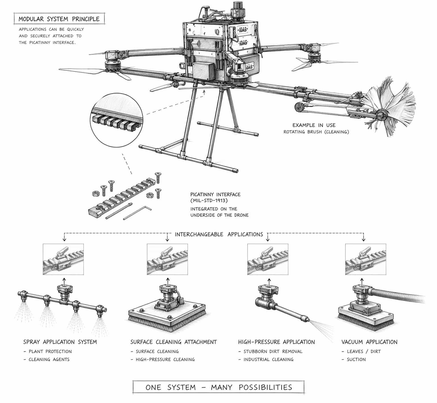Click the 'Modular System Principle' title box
(x=59, y=19)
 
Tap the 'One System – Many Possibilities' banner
(x=218, y=387)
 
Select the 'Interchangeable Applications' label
(x=218, y=235)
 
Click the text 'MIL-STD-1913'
(x=209, y=201)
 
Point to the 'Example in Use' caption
(x=314, y=125)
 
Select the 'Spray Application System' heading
(x=60, y=342)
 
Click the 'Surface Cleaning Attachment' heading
(x=174, y=342)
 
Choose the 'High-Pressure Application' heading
(x=276, y=342)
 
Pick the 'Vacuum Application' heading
(x=369, y=342)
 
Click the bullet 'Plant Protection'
(x=50, y=351)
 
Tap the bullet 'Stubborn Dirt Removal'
(x=273, y=351)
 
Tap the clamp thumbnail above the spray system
(x=63, y=259)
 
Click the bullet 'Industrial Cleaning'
(x=268, y=359)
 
